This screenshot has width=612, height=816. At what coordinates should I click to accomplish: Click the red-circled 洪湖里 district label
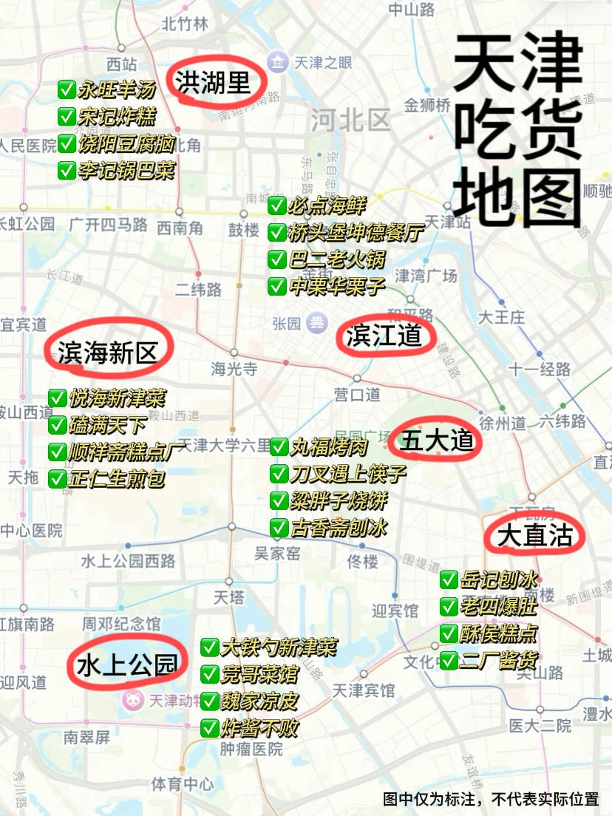coord(213,82)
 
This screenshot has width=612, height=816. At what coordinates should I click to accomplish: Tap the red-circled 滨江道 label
coord(384,336)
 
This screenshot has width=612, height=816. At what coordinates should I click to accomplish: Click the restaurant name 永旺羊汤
coord(116,91)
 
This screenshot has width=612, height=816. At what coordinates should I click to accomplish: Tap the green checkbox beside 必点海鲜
coord(277,205)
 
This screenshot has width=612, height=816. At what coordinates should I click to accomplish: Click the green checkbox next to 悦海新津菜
coord(58,398)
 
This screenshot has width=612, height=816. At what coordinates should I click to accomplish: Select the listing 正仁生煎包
coord(117,478)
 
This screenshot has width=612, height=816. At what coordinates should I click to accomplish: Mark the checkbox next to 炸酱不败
coord(210,728)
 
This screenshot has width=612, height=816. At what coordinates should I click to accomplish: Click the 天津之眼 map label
coord(323,62)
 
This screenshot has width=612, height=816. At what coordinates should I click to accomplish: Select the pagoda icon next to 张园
coord(318,322)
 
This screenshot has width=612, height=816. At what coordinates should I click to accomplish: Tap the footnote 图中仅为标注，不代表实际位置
coord(491,799)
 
